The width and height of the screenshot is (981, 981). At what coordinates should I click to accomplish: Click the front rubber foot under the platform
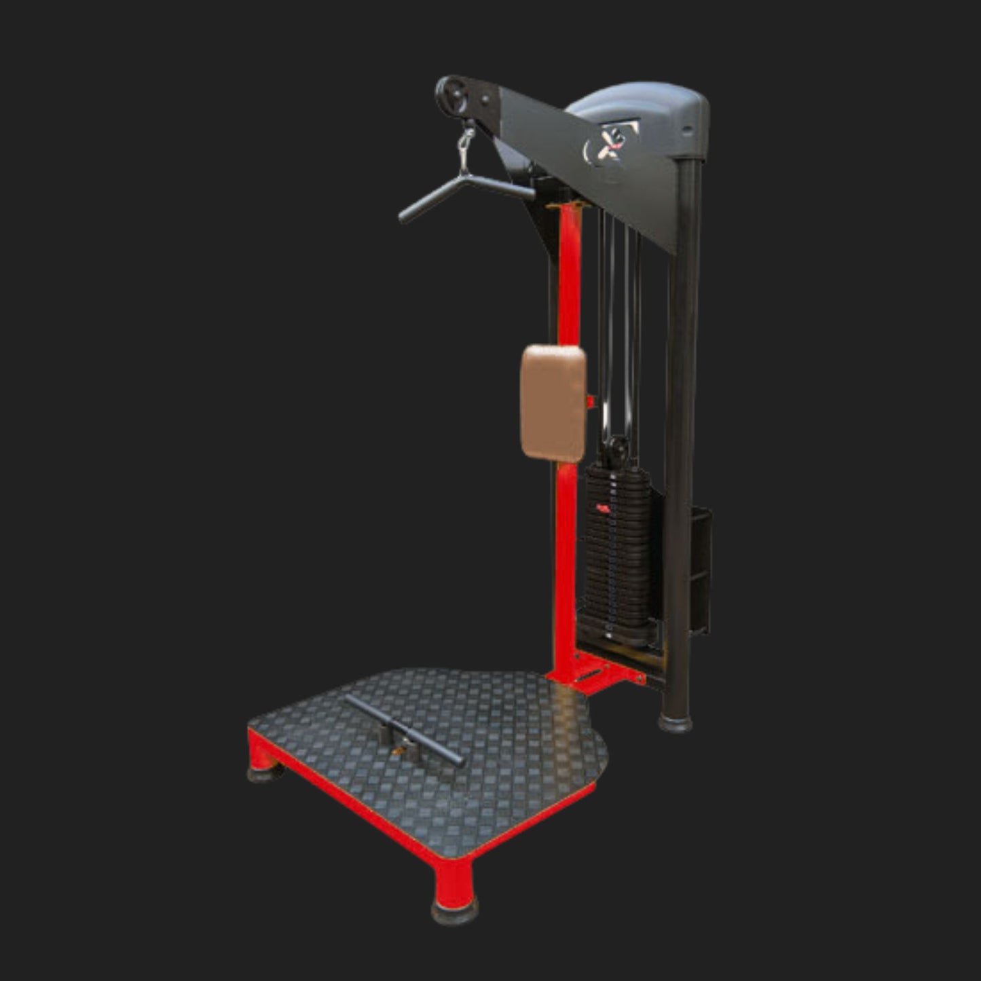tap(454, 909)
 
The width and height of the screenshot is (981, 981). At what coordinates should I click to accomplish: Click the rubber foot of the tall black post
tap(676, 722)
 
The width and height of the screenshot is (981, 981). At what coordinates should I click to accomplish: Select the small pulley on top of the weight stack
tap(618, 448)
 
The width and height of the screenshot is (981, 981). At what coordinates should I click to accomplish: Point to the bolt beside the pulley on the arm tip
tap(487, 99)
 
